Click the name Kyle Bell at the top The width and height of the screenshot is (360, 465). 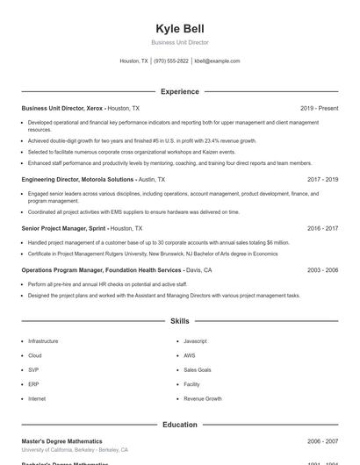pos(179,29)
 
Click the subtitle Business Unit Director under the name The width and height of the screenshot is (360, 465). pos(179,42)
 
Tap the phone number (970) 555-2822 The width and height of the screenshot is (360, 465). pos(171,61)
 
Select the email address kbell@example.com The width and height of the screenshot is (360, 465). pos(217,61)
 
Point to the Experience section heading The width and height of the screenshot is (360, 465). pos(179,91)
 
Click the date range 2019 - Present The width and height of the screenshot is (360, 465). pos(319,108)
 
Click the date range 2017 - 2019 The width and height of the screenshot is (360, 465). pos(322,179)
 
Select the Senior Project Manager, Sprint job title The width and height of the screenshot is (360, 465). pos(63,228)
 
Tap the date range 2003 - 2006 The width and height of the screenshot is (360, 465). pos(322,270)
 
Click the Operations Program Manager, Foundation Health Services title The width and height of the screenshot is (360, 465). pos(101,270)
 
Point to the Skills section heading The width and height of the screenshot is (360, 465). pos(179,322)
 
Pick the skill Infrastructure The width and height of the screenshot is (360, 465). pos(43,340)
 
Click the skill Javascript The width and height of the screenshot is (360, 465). pos(195,340)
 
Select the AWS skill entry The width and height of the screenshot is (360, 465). pos(190,355)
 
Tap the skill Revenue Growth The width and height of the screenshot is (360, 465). pos(202,398)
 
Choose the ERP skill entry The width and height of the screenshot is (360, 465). pos(33,384)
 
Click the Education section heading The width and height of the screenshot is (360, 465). pos(179,425)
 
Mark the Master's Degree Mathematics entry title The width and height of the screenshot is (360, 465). pos(61,441)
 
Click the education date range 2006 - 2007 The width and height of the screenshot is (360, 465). pos(322,441)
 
